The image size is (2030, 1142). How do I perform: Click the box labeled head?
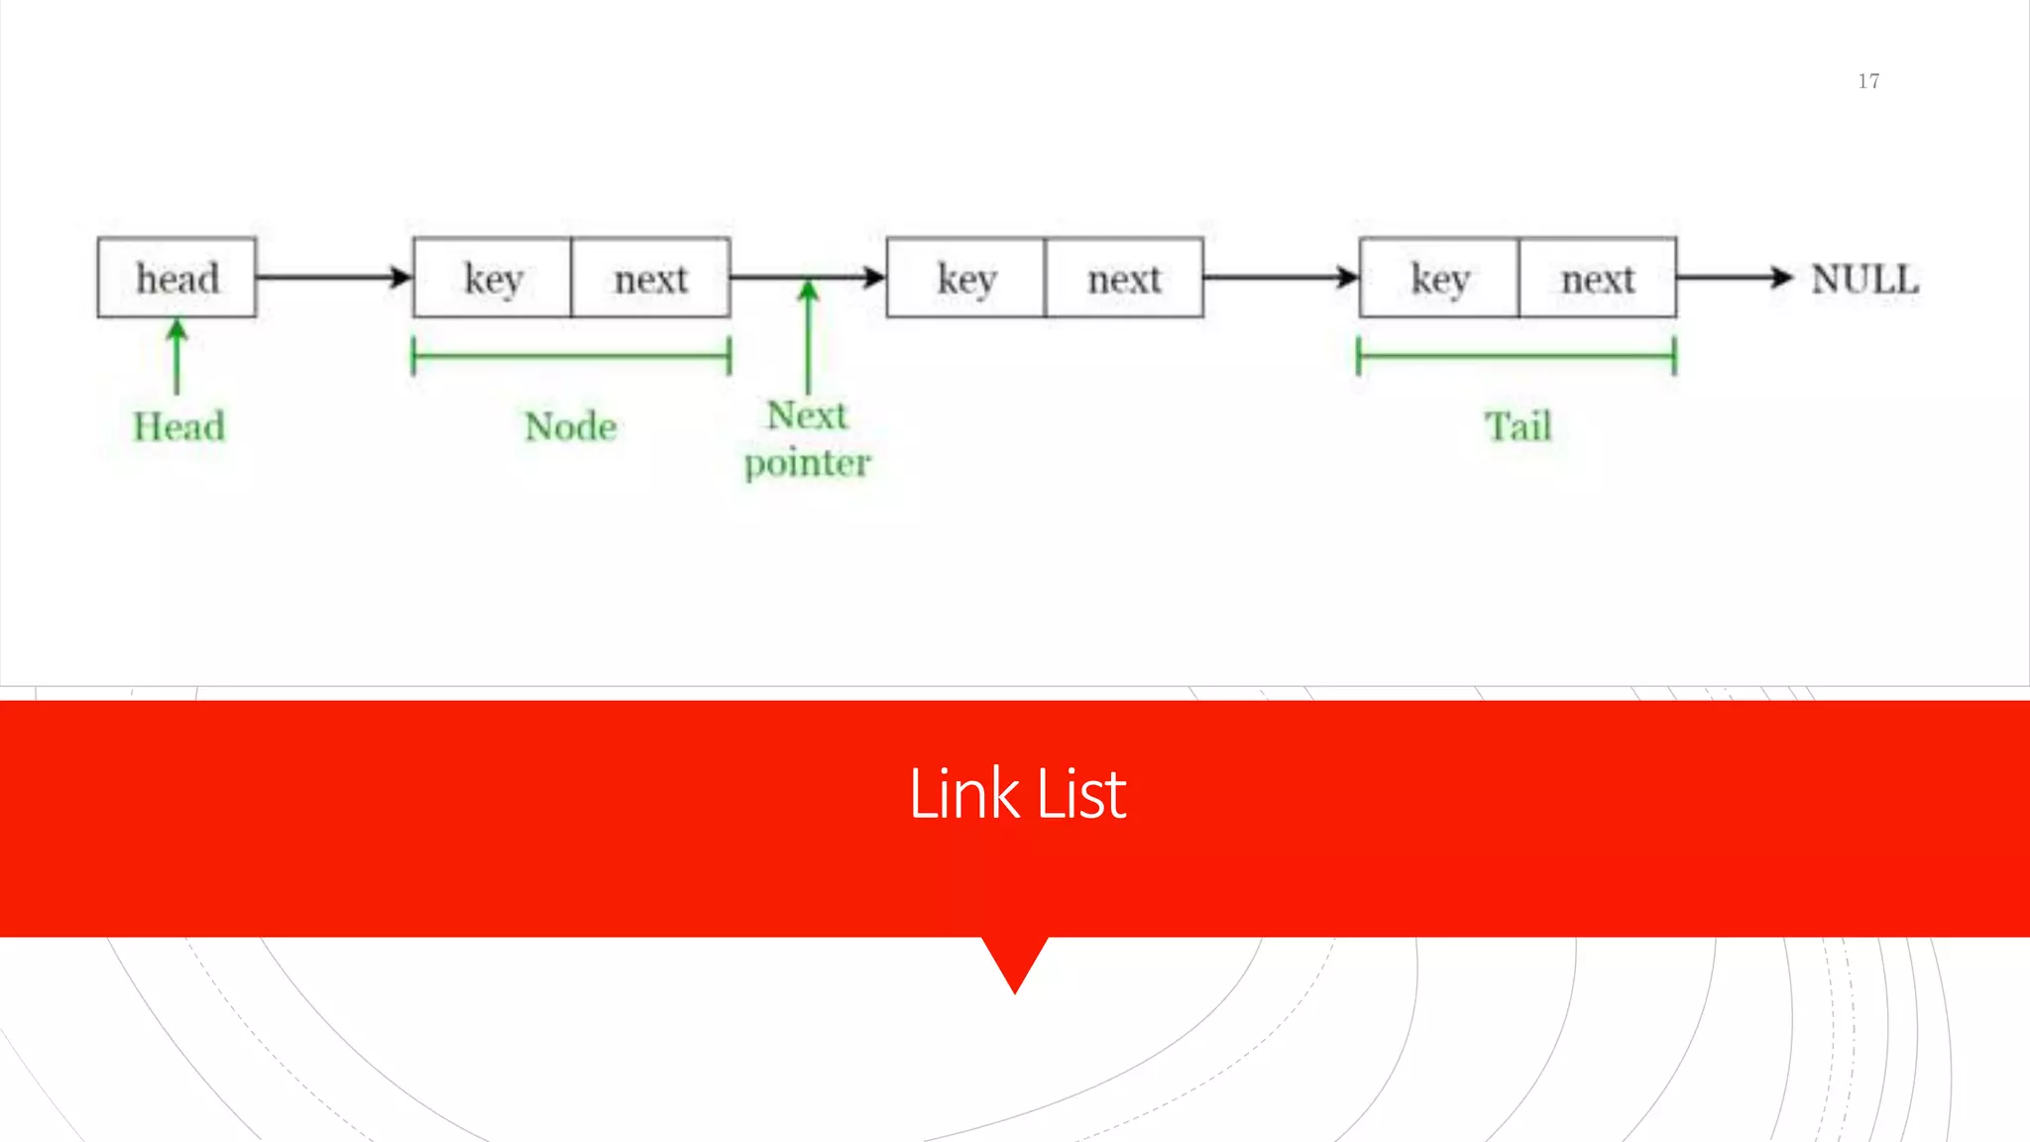177,278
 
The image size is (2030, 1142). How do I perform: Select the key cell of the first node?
493,278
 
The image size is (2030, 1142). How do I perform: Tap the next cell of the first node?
650,278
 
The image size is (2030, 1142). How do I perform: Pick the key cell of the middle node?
966,278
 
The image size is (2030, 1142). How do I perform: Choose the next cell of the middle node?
1124,278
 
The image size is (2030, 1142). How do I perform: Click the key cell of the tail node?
1439,278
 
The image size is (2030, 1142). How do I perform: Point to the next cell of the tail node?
1597,278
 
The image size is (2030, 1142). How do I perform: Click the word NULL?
1864,279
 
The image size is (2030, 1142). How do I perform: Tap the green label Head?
179,426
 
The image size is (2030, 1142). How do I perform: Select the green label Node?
571,426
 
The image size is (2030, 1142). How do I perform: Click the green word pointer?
807,464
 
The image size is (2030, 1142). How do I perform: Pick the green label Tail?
1518,426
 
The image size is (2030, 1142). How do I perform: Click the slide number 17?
1868,81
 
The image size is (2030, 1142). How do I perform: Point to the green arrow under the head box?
177,357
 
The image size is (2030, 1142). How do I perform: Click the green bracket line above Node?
571,356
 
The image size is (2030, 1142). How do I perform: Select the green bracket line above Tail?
1517,356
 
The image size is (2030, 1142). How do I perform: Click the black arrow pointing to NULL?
1735,277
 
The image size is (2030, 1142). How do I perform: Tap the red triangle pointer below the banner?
1015,961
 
